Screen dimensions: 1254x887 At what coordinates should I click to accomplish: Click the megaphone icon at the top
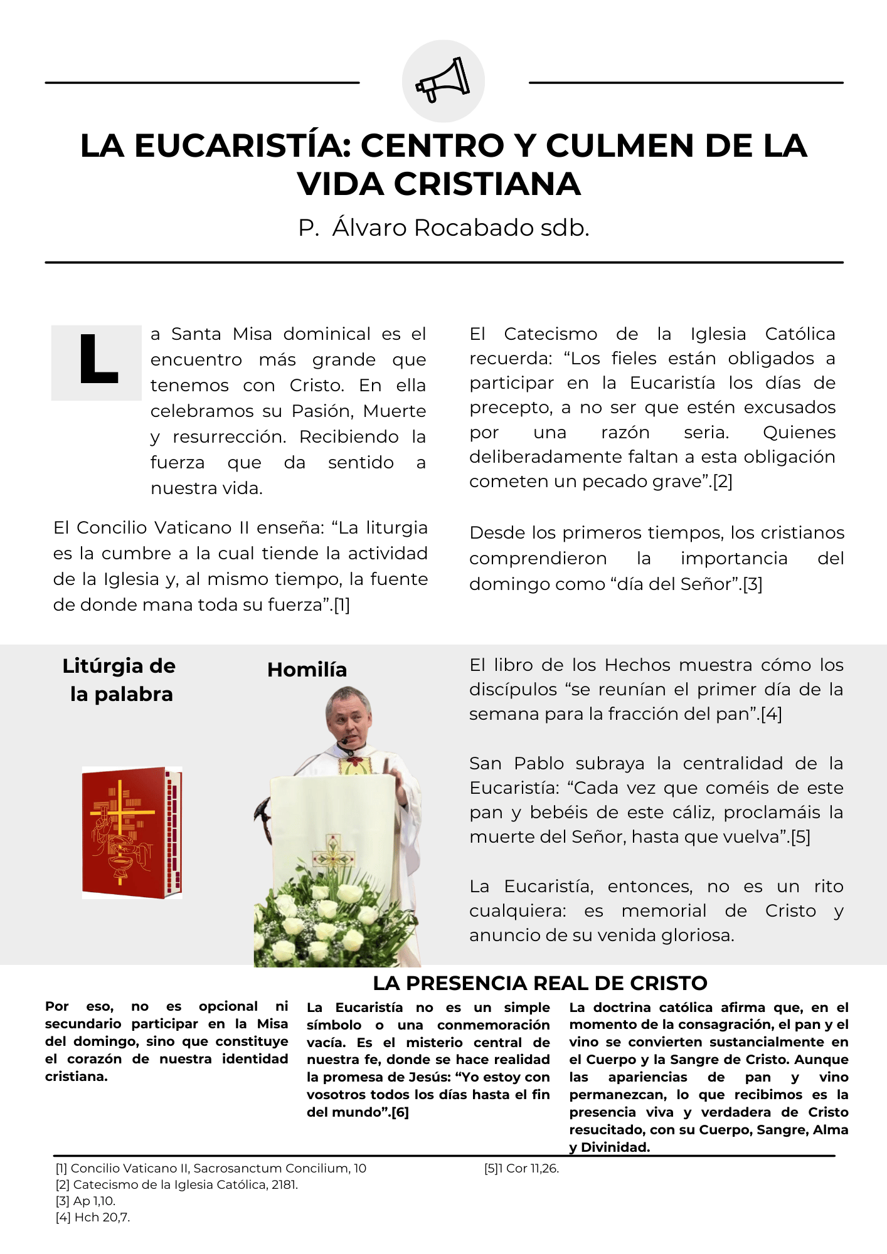tap(443, 81)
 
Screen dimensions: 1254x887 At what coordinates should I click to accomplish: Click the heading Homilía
tap(307, 670)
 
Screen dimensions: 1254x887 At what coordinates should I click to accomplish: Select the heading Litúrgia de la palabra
tap(120, 680)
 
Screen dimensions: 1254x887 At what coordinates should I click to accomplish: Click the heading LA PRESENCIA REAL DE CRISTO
tap(540, 983)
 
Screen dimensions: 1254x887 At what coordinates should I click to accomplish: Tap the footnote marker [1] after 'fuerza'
tap(341, 605)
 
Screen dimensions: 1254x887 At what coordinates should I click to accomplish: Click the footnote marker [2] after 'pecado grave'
tap(723, 482)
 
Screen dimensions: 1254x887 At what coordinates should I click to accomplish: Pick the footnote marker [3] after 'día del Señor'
tap(753, 584)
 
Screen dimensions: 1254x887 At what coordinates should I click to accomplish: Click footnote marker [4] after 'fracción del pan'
tap(771, 714)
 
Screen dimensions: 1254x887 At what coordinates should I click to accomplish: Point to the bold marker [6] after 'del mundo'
tap(400, 1112)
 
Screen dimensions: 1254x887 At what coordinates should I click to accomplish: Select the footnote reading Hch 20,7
tap(93, 1217)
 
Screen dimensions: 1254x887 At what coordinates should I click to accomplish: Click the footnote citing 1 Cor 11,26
tap(522, 1168)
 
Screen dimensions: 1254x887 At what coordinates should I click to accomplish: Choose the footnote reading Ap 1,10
tap(86, 1201)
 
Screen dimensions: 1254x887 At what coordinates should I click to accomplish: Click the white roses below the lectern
tap(326, 922)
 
